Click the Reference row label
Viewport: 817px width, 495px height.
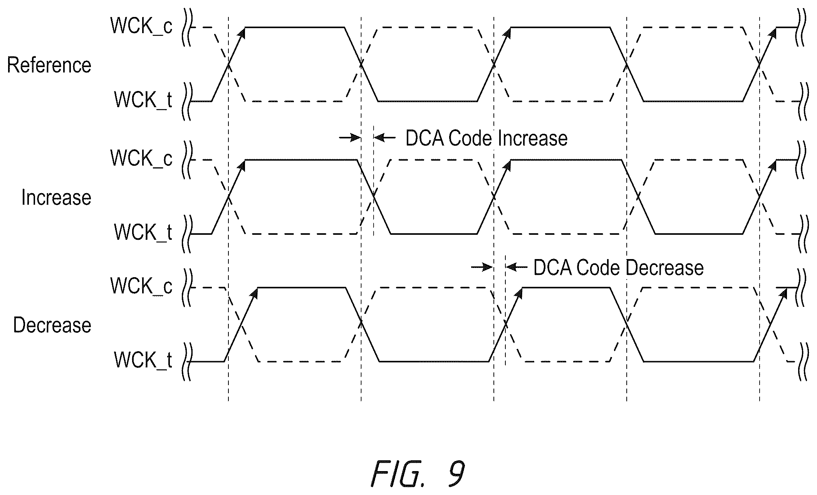49,65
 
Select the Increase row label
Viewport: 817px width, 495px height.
56,197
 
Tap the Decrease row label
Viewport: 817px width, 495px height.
52,325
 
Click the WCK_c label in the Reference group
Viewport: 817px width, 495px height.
141,26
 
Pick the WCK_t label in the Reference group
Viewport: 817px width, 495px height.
143,100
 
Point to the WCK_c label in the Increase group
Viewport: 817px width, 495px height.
141,158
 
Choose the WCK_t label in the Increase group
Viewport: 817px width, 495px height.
143,232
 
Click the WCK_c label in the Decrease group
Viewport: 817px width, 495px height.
141,286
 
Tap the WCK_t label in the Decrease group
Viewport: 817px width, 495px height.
143,360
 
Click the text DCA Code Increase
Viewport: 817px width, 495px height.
487,138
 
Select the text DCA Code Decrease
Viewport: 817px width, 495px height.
618,268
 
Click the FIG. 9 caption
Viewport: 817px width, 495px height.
418,474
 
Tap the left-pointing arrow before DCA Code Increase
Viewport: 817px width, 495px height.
385,137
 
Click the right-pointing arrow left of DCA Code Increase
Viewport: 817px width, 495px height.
350,137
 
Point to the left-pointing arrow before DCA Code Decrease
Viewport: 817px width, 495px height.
517,267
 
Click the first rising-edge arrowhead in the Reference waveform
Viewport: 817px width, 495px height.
242,33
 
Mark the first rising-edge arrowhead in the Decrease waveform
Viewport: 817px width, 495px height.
254,293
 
